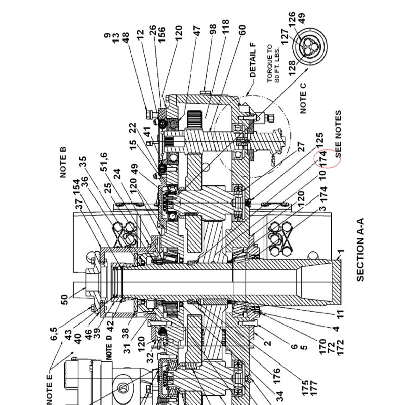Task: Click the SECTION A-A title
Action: [x=360, y=250]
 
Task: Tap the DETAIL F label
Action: [x=253, y=60]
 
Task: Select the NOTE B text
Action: [x=63, y=163]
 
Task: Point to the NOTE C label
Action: [x=303, y=98]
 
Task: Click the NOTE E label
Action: [x=49, y=390]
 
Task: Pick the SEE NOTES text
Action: [x=338, y=134]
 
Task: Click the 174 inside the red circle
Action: [x=323, y=159]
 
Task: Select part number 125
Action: [x=319, y=140]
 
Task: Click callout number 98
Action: [x=212, y=30]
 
